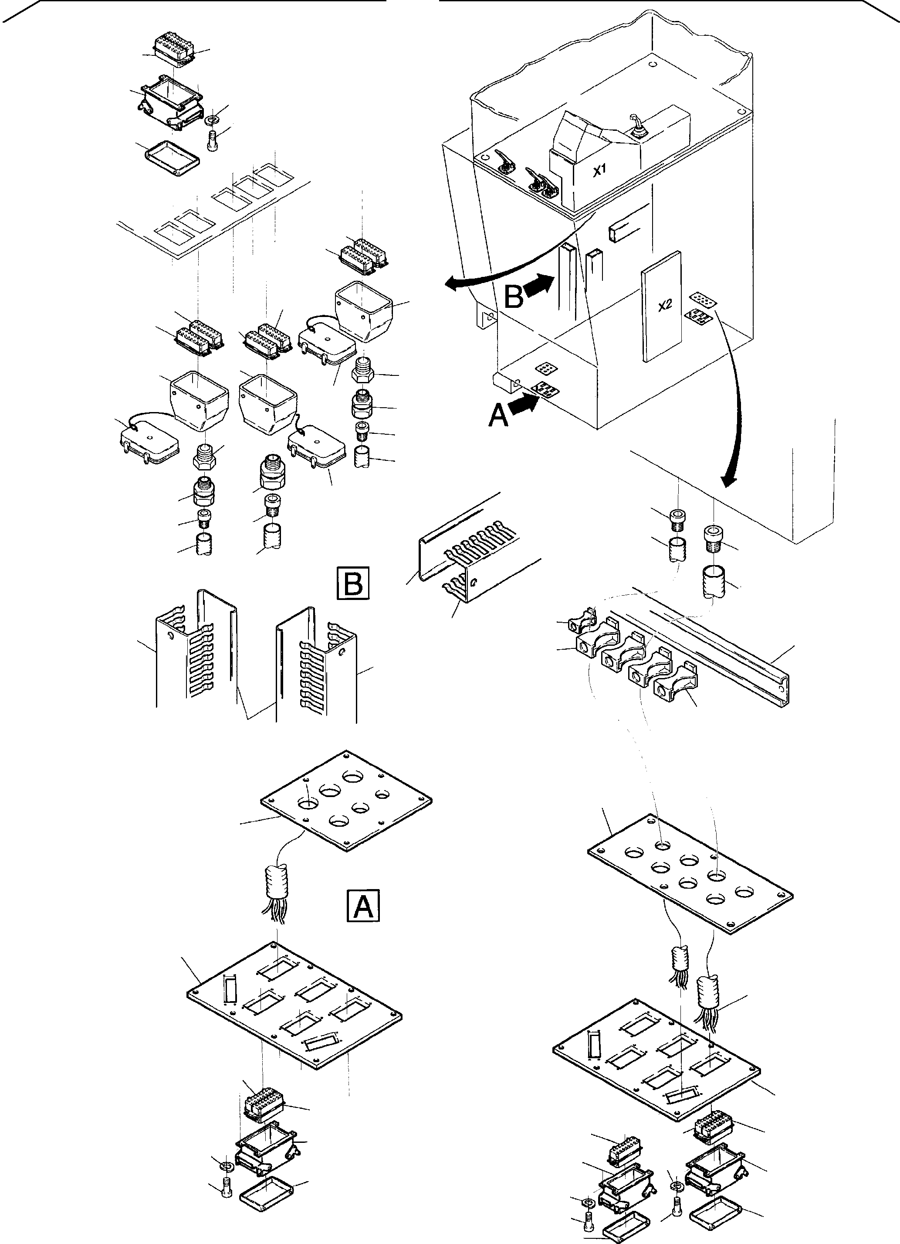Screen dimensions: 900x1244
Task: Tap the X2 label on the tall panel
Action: click(665, 306)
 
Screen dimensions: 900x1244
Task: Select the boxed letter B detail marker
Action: click(352, 584)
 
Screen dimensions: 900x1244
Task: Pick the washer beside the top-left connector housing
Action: click(212, 119)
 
